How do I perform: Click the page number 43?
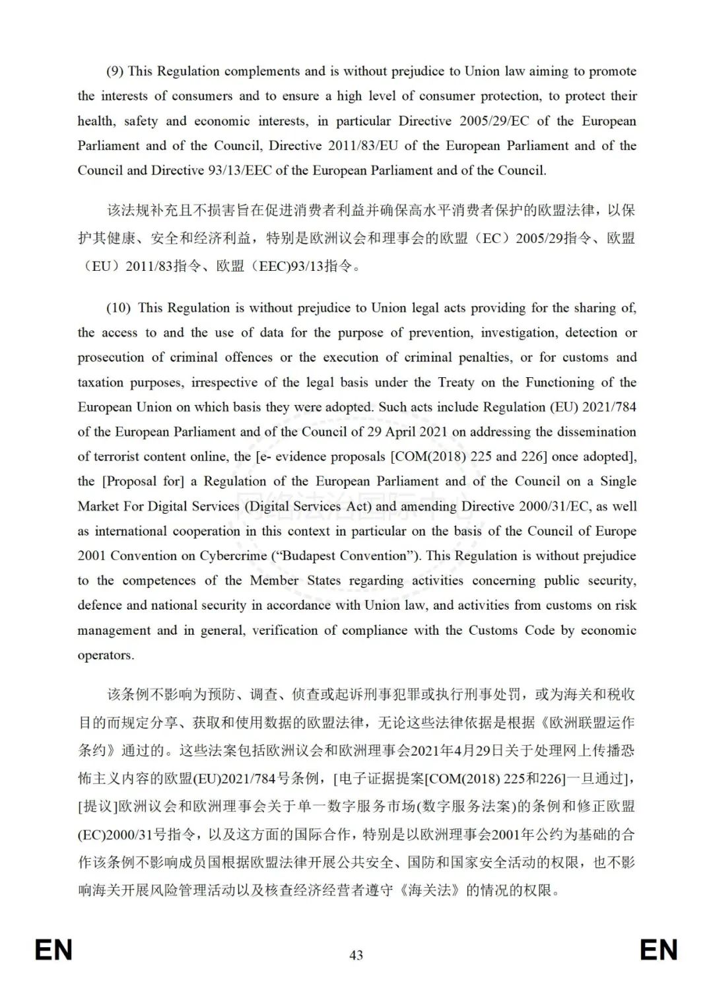(356, 954)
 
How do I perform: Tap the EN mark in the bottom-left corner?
(53, 950)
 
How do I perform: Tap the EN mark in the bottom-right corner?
(658, 950)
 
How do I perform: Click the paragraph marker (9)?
(115, 71)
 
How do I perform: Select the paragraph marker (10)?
(119, 308)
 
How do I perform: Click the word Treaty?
(456, 382)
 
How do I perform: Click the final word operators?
(106, 655)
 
